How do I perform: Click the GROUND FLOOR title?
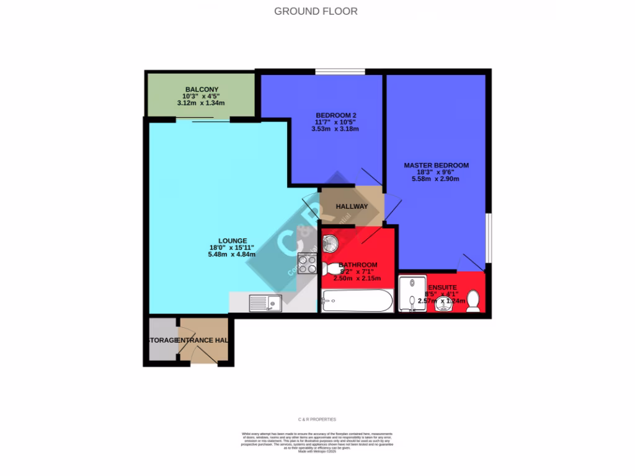(316, 11)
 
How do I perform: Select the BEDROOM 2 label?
(335, 115)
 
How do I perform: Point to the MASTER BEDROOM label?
(436, 165)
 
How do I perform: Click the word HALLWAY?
(352, 206)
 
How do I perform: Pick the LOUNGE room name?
(233, 240)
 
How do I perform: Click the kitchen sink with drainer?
(265, 303)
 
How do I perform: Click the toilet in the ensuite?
(473, 300)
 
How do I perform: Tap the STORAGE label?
(162, 341)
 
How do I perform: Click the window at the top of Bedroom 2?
(339, 71)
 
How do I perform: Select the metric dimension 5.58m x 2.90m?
(435, 179)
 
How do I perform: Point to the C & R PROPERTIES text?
(317, 419)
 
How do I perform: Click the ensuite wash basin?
(443, 304)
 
